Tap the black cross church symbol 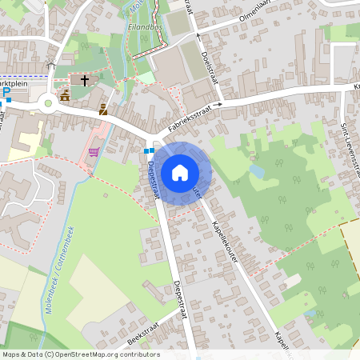coord(84,81)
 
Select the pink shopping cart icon coord(94,152)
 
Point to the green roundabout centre coord(49,102)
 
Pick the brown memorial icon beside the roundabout coord(65,94)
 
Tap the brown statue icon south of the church coord(103,110)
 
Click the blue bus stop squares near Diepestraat coord(149,150)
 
